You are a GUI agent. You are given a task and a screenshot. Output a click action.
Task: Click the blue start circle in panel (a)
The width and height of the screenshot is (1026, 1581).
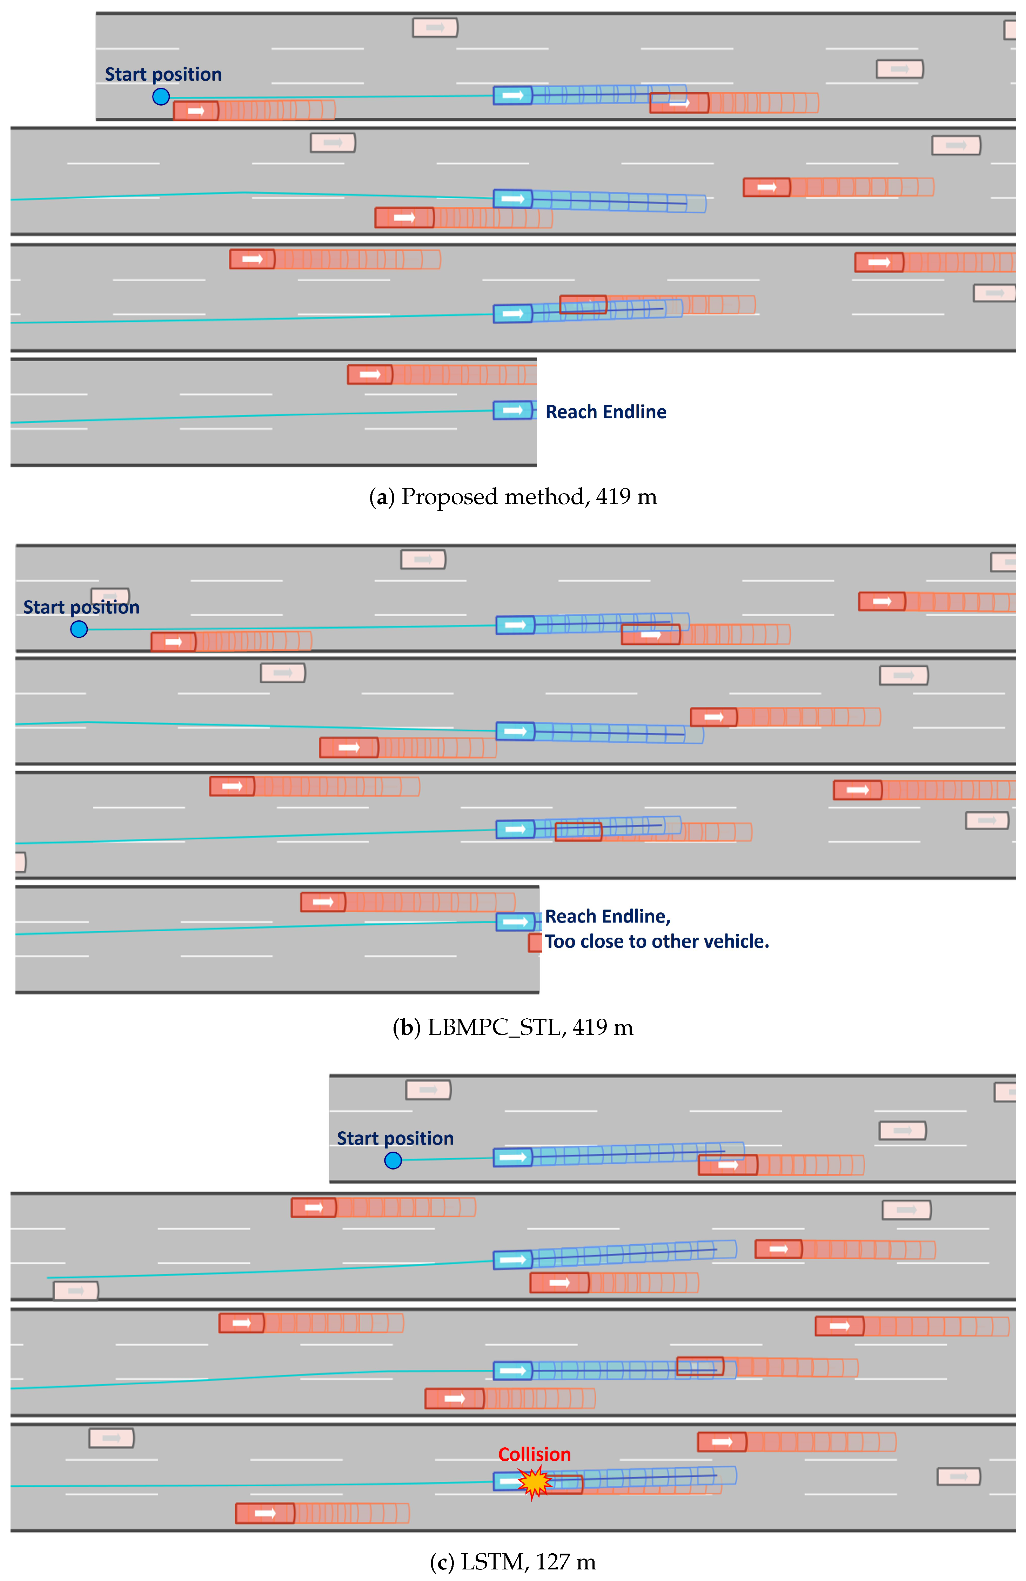161,97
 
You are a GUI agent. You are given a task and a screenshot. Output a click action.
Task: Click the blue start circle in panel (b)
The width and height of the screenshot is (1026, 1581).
79,629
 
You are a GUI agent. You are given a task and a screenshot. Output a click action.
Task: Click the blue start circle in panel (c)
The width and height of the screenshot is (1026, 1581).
393,1160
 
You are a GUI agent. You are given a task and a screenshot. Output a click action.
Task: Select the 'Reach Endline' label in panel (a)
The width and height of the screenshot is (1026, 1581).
606,412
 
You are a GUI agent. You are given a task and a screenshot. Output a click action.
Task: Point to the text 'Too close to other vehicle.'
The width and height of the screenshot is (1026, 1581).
657,941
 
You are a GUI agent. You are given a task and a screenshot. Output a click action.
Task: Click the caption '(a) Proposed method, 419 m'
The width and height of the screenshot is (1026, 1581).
513,497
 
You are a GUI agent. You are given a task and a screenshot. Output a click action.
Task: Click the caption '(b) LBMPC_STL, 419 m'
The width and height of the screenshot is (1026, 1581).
513,1028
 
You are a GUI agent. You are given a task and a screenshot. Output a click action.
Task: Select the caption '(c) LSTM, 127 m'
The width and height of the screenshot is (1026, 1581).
513,1562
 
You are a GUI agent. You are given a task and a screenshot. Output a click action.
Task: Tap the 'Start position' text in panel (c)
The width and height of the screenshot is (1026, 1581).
395,1139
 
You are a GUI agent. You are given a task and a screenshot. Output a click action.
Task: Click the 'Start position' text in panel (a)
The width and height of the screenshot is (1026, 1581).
163,74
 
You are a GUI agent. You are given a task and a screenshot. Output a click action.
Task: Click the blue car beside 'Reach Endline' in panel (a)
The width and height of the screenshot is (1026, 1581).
513,410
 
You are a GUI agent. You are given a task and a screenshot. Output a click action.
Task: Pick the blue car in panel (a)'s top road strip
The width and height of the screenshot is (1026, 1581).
513,96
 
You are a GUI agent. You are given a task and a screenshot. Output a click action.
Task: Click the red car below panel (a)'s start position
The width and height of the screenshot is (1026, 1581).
196,111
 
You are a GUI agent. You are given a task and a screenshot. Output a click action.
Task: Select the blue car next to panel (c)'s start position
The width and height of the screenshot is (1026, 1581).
513,1158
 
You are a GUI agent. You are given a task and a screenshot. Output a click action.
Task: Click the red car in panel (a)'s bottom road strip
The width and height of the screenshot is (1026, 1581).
370,375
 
